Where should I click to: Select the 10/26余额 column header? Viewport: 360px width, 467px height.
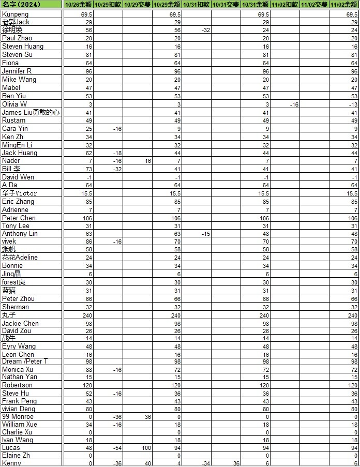pyautogui.click(x=78, y=4)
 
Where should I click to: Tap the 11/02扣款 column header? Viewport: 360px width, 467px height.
pyautogui.click(x=285, y=4)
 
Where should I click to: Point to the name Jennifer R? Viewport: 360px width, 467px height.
pyautogui.click(x=17, y=71)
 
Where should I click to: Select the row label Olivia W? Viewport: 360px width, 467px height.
pyautogui.click(x=14, y=104)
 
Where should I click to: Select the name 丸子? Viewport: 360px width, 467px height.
pyautogui.click(x=9, y=315)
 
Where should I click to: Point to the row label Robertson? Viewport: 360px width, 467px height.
pyautogui.click(x=17, y=385)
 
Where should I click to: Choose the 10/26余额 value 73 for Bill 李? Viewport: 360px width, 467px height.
pyautogui.click(x=88, y=169)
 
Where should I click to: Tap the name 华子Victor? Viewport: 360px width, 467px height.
pyautogui.click(x=20, y=193)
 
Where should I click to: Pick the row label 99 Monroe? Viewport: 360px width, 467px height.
pyautogui.click(x=18, y=417)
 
